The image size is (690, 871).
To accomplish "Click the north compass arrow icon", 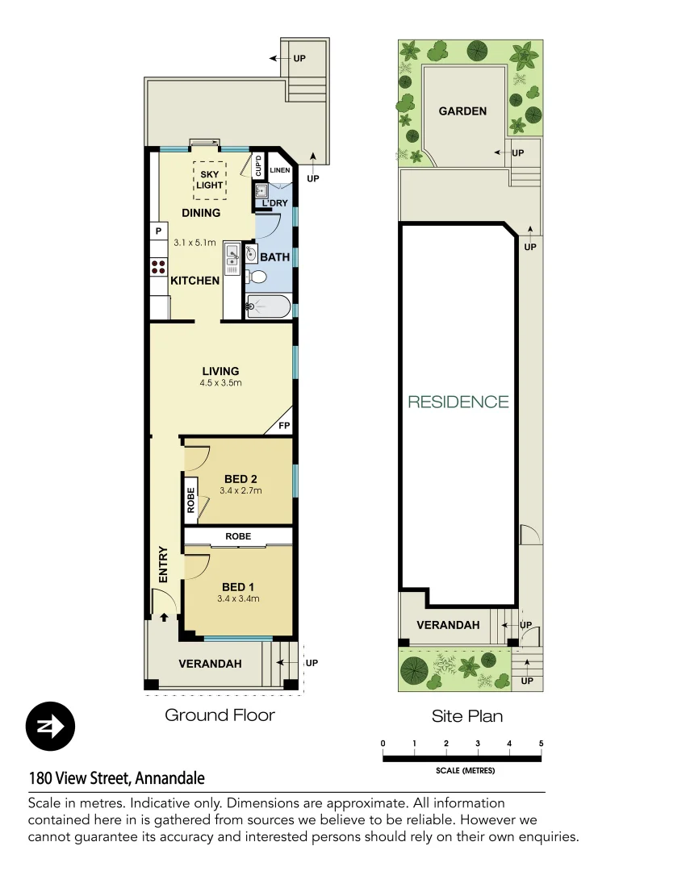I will pos(50,726).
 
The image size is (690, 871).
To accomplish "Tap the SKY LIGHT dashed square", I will pos(210,180).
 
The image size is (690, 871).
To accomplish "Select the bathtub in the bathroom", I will pos(268,306).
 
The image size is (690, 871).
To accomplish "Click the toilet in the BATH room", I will pos(257,277).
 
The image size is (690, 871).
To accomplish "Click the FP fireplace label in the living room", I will pos(284,425).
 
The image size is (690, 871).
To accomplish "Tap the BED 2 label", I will pos(240,479).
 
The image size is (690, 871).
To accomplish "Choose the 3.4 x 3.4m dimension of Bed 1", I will pos(238,599).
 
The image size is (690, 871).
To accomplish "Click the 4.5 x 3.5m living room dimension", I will pos(220,383).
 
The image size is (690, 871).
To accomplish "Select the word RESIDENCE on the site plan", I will pos(458,402).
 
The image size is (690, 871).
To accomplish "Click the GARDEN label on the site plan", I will pos(462,111).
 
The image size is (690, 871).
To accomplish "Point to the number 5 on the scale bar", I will pos(541,744).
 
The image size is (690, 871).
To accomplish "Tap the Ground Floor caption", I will pos(220,715).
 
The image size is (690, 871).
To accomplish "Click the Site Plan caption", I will pos(467,715).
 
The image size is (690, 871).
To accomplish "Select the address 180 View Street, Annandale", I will pos(116,778).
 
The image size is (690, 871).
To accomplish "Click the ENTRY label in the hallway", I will pos(164,565).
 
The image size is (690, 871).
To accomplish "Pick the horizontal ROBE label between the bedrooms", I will pos(238,536).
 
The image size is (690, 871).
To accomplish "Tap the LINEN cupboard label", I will pos(279,170).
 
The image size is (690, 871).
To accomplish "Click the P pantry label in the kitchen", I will pos(158,232).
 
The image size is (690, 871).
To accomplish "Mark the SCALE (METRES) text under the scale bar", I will pos(465,770).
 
